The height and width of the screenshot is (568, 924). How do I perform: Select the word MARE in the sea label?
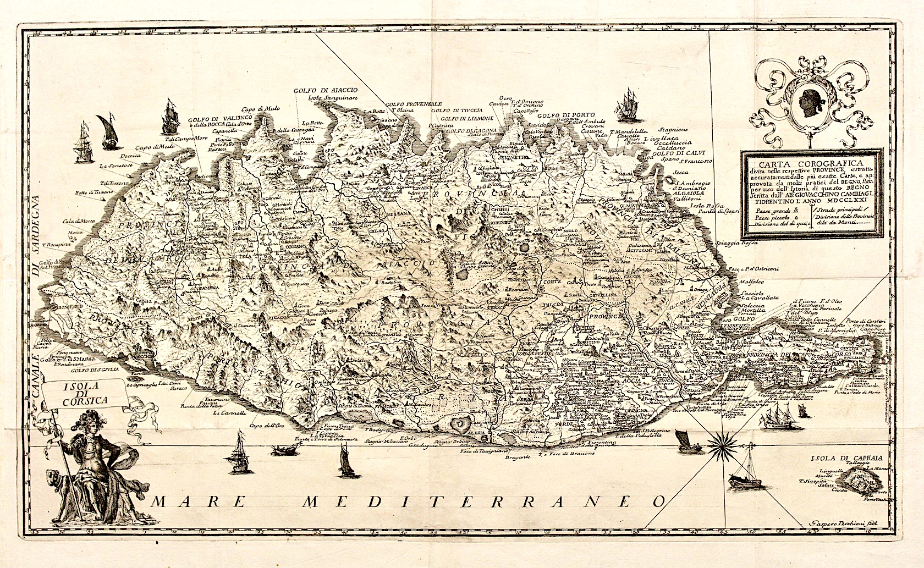tap(197, 501)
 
